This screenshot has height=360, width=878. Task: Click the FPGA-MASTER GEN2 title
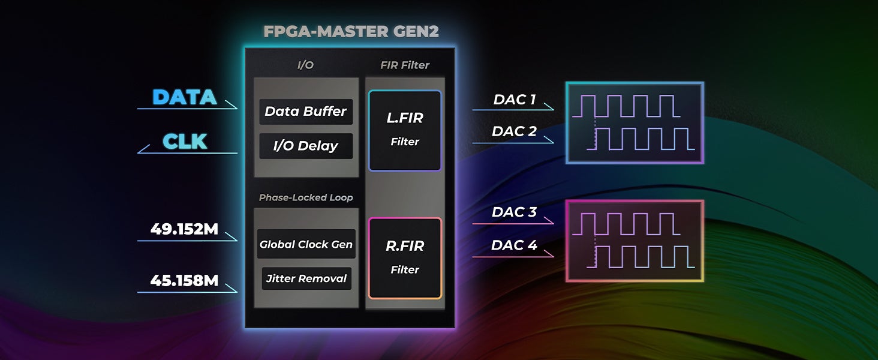click(351, 31)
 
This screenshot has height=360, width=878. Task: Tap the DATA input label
click(184, 97)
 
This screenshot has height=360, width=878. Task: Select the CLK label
click(185, 142)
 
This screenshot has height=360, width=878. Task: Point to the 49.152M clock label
click(184, 229)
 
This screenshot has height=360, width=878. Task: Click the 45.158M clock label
click(184, 280)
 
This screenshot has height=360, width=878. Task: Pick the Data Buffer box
click(306, 112)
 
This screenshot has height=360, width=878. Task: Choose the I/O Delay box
click(306, 146)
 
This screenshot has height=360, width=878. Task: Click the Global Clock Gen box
click(306, 244)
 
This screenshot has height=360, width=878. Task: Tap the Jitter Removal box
click(306, 278)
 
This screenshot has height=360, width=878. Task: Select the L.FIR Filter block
click(405, 130)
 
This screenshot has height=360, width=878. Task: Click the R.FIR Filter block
click(405, 258)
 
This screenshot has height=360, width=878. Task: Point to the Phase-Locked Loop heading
click(306, 197)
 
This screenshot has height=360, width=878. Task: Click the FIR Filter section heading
click(405, 65)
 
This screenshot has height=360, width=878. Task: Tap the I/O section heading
click(305, 65)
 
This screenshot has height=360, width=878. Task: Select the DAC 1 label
click(514, 100)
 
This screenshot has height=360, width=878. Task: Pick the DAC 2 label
click(514, 131)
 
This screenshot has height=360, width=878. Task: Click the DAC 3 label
click(514, 212)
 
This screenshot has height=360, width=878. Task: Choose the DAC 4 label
click(514, 245)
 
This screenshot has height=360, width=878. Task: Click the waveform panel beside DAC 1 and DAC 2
click(635, 123)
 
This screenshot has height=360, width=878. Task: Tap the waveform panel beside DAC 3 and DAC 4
click(635, 241)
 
